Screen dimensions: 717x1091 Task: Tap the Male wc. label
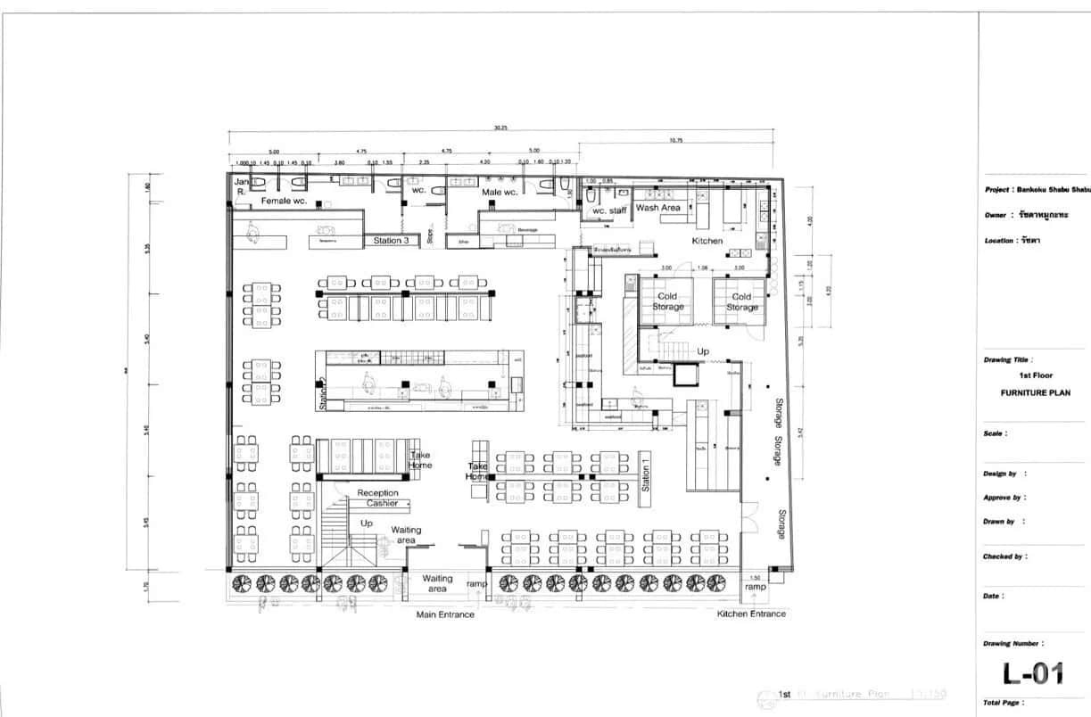click(500, 192)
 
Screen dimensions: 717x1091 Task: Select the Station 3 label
click(392, 241)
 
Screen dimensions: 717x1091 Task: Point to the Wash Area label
click(658, 208)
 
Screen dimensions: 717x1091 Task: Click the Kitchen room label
click(707, 241)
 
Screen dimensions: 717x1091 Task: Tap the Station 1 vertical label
click(646, 473)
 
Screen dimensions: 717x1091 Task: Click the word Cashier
click(382, 504)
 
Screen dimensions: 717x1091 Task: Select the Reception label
click(377, 493)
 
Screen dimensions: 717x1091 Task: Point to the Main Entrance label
click(445, 614)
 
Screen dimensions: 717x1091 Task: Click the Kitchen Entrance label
click(752, 614)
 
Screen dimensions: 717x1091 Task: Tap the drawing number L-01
click(1033, 673)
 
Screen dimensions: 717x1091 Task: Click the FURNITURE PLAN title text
click(1035, 392)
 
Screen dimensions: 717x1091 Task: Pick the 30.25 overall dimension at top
click(500, 128)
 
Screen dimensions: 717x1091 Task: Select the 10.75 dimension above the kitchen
click(675, 139)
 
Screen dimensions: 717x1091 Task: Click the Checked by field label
click(1004, 556)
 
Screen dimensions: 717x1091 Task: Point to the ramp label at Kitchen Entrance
click(755, 587)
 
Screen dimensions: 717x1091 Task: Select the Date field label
click(994, 596)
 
